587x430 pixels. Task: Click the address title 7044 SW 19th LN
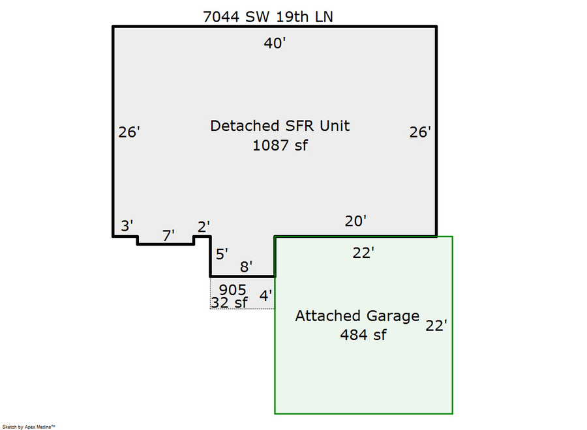(x=267, y=17)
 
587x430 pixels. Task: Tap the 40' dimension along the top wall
(x=275, y=44)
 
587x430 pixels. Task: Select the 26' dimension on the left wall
(x=129, y=132)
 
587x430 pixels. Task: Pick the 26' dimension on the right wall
(x=420, y=132)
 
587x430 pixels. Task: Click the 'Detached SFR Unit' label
(x=280, y=126)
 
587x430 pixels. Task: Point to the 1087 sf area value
(x=280, y=145)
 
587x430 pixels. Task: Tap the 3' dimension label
(x=127, y=226)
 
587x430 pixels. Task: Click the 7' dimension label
(x=168, y=236)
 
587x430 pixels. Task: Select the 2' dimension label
(x=203, y=227)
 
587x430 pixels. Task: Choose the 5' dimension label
(x=222, y=254)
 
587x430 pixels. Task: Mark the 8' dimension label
(x=247, y=267)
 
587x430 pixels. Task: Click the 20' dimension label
(x=355, y=222)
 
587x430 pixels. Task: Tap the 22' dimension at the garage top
(x=363, y=253)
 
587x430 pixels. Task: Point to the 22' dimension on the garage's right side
(x=436, y=326)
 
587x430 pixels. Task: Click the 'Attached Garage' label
(x=357, y=316)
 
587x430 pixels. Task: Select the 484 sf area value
(x=363, y=335)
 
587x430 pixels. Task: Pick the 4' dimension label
(x=265, y=296)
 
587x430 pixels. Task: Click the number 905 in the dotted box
(x=232, y=290)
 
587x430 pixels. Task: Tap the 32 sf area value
(x=229, y=303)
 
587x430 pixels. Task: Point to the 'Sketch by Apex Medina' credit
(x=29, y=427)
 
